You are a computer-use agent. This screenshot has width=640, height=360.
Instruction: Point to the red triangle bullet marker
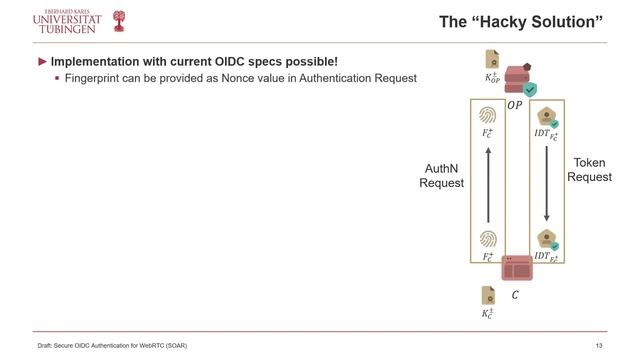[x=43, y=62]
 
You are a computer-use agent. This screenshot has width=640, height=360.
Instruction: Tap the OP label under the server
[x=513, y=104]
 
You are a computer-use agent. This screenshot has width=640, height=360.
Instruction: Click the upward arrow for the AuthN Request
[x=488, y=185]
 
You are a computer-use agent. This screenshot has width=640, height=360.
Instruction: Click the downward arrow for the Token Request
[x=546, y=185]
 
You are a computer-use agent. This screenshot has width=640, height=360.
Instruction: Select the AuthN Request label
[x=441, y=176]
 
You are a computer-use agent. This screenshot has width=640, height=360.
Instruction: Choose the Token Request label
[x=589, y=169]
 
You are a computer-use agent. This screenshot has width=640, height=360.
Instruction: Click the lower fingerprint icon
[x=488, y=238]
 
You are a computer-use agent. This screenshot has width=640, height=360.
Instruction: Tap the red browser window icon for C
[x=516, y=267]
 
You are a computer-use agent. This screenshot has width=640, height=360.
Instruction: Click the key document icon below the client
[x=488, y=295]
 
